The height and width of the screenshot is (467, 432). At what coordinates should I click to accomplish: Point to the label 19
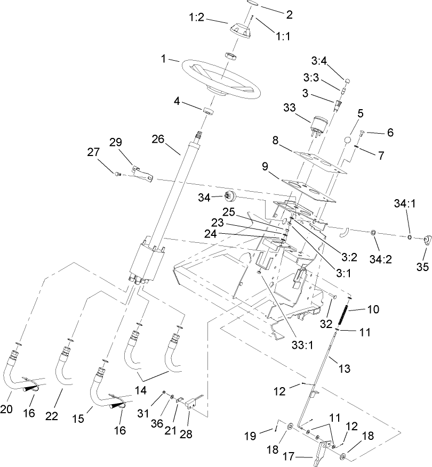(x=265, y=435)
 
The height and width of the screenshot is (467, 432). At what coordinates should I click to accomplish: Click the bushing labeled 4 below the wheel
(x=208, y=112)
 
